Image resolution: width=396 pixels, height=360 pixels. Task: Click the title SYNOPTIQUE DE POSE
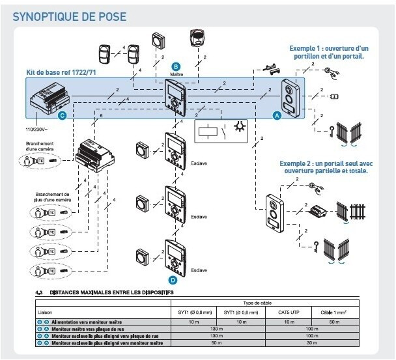[70, 16]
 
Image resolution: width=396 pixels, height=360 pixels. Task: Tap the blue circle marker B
[175, 66]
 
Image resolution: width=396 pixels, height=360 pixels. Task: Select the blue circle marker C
[63, 116]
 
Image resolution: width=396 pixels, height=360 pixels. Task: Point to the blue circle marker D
[173, 280]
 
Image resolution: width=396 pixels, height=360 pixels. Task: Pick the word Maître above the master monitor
[175, 75]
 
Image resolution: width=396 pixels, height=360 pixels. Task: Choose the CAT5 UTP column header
[292, 312]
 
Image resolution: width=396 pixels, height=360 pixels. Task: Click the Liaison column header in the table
[45, 312]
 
